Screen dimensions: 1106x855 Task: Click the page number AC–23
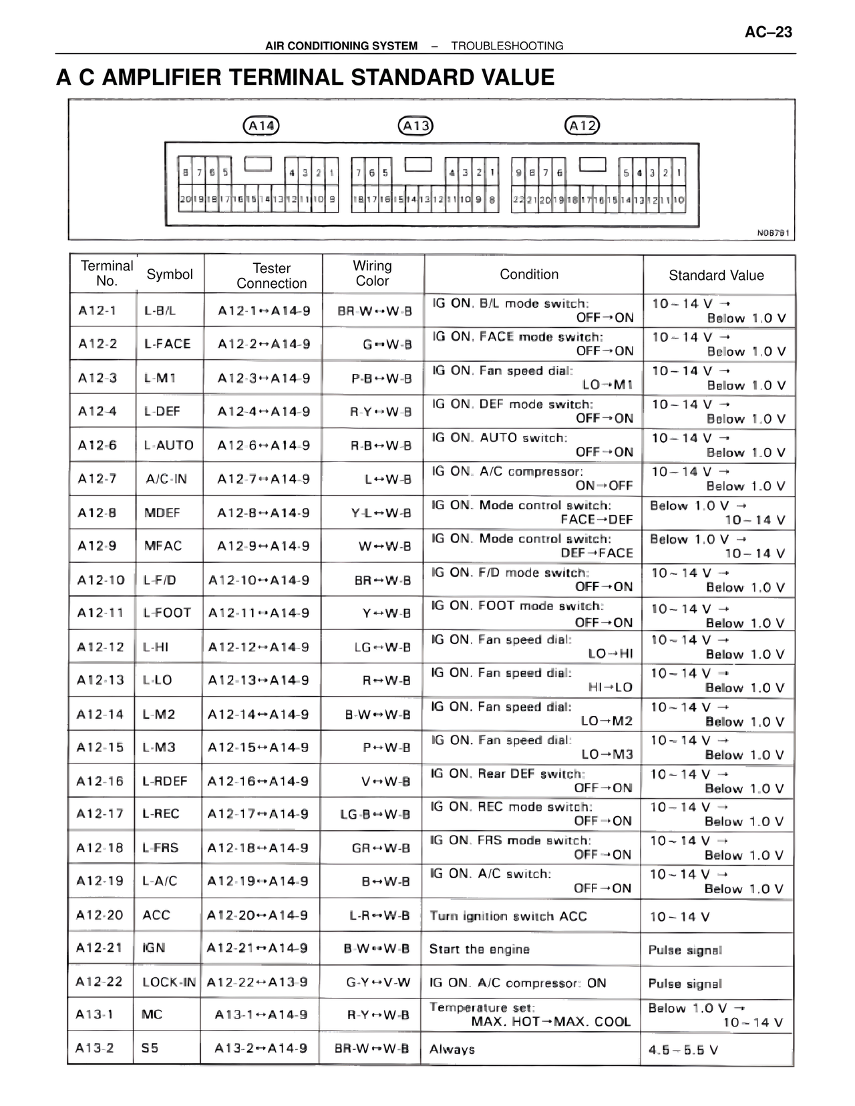(x=768, y=32)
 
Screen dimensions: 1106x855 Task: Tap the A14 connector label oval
(x=261, y=126)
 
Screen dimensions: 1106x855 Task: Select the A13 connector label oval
(x=415, y=126)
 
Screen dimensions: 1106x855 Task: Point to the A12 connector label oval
(x=582, y=126)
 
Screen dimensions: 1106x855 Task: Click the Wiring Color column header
(x=372, y=274)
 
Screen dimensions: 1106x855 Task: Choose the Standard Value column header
(x=716, y=275)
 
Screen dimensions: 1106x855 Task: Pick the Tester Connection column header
(x=271, y=275)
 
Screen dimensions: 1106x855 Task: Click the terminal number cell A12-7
(x=98, y=479)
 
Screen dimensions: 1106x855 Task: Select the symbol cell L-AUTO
(x=168, y=445)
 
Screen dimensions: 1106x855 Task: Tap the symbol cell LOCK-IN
(x=169, y=982)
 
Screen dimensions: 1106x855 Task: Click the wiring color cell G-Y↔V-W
(x=378, y=982)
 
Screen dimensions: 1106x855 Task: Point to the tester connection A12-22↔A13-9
(x=257, y=982)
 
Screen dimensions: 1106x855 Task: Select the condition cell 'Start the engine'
(x=479, y=949)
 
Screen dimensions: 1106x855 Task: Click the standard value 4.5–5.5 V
(x=683, y=1050)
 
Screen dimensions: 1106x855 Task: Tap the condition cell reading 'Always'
(x=452, y=1049)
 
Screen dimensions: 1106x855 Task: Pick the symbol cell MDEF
(x=162, y=513)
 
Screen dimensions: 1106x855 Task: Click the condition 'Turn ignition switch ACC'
(x=508, y=916)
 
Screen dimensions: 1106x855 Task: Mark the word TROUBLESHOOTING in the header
(x=507, y=46)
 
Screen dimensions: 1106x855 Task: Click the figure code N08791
(x=773, y=233)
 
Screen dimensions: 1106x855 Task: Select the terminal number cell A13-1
(x=94, y=1015)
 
